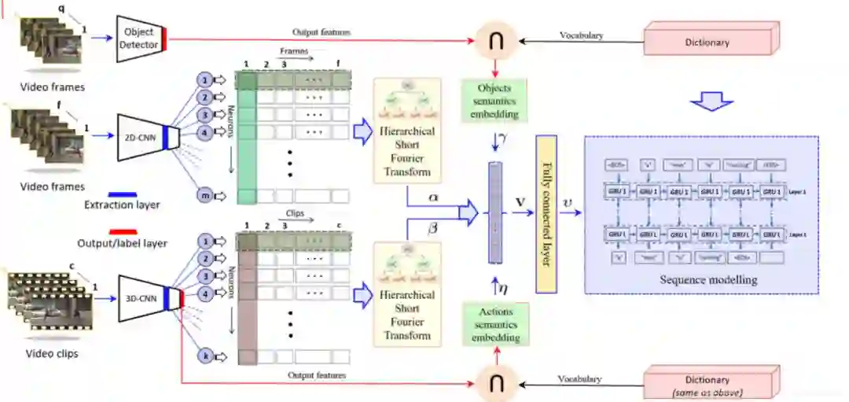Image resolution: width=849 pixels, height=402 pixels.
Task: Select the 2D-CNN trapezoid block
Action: [x=143, y=138]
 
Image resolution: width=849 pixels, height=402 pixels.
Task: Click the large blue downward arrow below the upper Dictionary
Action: [x=711, y=101]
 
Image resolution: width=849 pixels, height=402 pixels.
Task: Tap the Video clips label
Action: [x=52, y=353]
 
